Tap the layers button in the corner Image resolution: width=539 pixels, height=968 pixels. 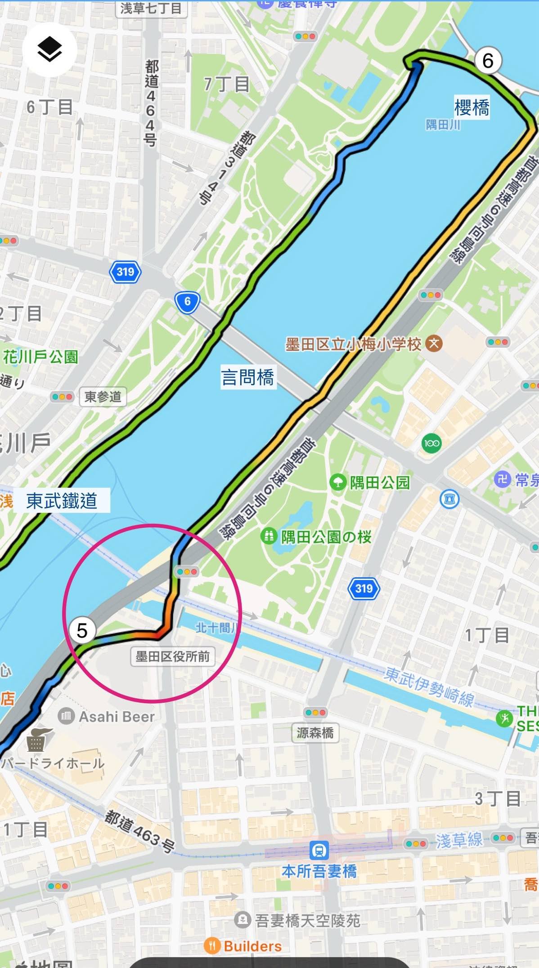[x=49, y=49]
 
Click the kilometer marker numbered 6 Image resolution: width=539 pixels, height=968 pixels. [x=488, y=60]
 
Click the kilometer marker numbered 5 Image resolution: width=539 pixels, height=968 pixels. [x=82, y=630]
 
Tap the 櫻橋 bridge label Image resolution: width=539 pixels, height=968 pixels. [x=472, y=108]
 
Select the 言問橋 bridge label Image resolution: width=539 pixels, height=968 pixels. [x=247, y=376]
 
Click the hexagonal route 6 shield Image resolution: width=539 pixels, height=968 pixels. [x=187, y=302]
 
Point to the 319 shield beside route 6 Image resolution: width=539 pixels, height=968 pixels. [x=125, y=272]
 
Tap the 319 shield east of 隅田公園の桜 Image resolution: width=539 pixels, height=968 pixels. [x=364, y=588]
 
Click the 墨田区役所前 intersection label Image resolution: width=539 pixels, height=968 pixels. [x=173, y=656]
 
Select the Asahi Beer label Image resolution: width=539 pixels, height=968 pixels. [x=117, y=716]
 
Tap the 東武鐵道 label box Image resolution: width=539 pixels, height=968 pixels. [x=62, y=500]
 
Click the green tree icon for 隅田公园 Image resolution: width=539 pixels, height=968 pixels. [x=337, y=482]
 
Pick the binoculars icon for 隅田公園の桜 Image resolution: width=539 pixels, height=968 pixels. [x=269, y=536]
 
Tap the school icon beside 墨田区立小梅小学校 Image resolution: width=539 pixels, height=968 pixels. [x=434, y=344]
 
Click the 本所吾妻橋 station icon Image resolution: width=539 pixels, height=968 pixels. [x=319, y=850]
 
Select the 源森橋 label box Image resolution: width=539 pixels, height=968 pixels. [x=315, y=733]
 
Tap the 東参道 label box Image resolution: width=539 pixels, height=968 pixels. [x=103, y=397]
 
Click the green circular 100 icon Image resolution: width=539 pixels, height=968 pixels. [x=431, y=443]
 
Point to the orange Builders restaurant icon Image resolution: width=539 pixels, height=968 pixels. [x=212, y=945]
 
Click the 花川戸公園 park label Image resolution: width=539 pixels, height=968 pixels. [x=40, y=357]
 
